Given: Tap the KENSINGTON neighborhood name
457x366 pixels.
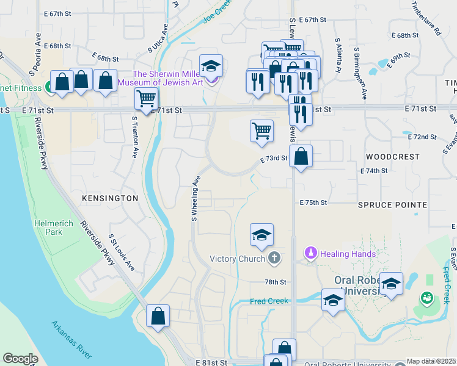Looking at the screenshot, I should coord(111,199).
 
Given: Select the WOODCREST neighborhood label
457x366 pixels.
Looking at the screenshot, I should coord(393,157).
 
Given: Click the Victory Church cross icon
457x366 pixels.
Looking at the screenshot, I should coord(274,258).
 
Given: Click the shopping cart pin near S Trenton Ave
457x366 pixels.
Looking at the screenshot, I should coord(147,99).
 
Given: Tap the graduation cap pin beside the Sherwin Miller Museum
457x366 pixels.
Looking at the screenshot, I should coord(211,65).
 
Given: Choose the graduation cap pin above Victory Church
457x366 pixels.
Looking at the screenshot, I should coord(261,235).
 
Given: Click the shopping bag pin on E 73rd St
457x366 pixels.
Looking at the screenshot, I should coord(301,156).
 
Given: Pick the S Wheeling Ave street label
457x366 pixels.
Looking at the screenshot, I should coord(196,198).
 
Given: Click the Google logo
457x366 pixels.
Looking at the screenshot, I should coord(20,359).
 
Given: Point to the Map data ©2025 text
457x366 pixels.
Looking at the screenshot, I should coord(431,361).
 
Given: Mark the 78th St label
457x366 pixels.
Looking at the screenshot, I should coord(276,282).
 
